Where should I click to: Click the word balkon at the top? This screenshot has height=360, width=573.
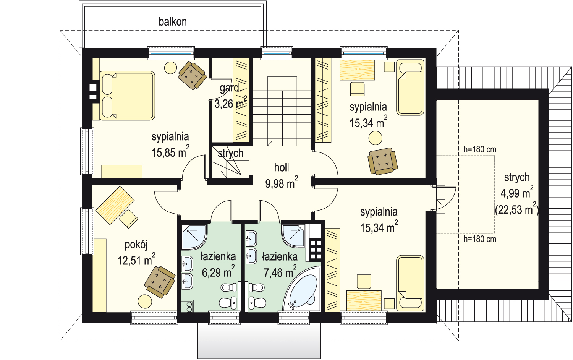click(173, 22)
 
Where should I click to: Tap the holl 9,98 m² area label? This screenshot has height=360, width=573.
click(282, 176)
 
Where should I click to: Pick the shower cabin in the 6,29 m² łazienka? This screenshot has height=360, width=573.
click(194, 237)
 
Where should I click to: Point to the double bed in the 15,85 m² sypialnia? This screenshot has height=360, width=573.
click(127, 96)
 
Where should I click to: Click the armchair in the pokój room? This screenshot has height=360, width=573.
click(160, 282)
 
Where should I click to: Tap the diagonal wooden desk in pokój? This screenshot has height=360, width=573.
click(115, 205)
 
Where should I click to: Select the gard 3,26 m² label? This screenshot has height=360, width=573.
click(231, 96)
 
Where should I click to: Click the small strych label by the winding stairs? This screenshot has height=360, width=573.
click(230, 153)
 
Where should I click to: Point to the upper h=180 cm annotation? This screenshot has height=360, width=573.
click(480, 149)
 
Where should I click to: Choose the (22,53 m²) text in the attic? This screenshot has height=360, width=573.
click(517, 209)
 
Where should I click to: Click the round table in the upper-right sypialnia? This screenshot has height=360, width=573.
click(375, 138)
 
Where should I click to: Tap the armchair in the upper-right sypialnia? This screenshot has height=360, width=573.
click(382, 161)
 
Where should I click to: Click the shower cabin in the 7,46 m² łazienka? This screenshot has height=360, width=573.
click(294, 236)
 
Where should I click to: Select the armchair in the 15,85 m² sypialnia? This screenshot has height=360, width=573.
click(193, 75)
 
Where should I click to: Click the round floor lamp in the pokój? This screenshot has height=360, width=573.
click(145, 302)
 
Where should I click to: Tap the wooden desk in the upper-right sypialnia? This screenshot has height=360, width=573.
click(357, 70)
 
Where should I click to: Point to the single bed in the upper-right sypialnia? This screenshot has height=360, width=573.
click(410, 87)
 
